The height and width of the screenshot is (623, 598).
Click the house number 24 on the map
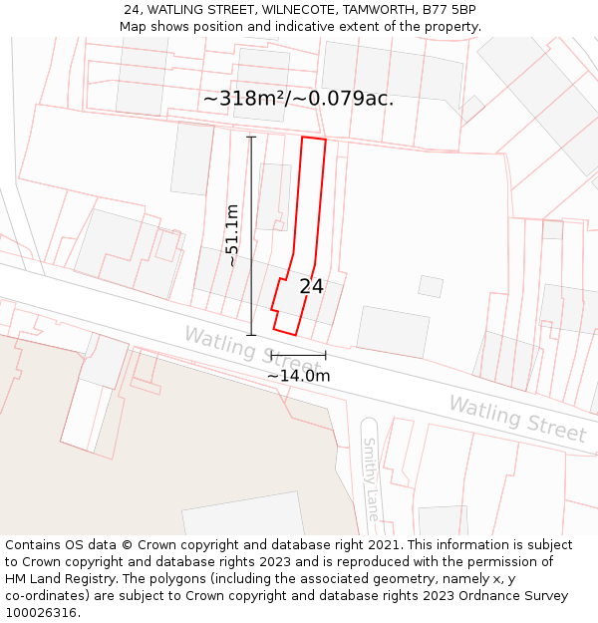[311, 286]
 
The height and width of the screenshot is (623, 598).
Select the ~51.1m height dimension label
[232, 235]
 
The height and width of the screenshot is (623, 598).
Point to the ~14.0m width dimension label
[298, 376]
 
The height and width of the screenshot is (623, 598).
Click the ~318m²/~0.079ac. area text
[298, 99]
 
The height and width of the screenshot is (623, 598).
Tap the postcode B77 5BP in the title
[448, 10]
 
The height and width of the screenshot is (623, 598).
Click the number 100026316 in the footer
[41, 613]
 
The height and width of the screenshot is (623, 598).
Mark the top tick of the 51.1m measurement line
[251, 137]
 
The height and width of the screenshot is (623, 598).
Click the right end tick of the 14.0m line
[325, 355]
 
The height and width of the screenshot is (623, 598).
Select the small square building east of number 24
[431, 286]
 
